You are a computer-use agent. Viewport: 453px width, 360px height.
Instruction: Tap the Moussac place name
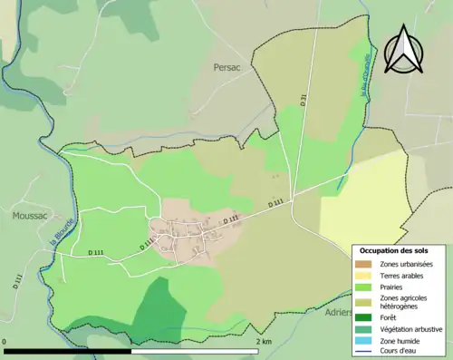[30, 215]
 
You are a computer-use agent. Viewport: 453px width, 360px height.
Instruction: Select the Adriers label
[338, 311]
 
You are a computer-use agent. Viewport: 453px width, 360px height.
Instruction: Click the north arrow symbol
[404, 50]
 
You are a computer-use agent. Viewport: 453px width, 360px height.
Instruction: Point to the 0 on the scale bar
[5, 341]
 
